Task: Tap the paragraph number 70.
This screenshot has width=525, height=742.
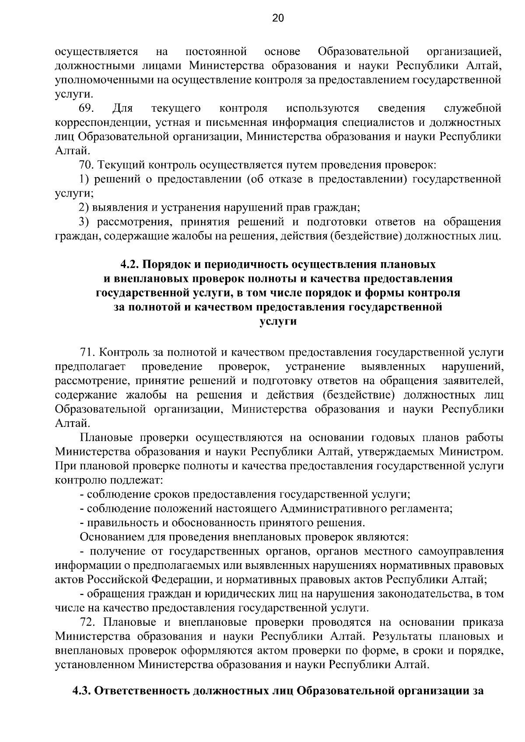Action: point(87,165)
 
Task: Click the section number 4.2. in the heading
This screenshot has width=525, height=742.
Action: point(129,264)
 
